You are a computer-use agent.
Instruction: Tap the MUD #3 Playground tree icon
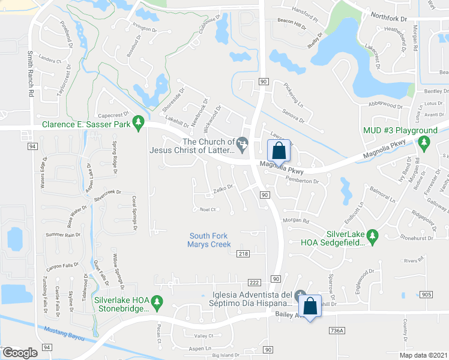424,142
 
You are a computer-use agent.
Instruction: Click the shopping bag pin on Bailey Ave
310,307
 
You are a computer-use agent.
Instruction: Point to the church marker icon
243,142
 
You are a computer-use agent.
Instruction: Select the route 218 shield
243,254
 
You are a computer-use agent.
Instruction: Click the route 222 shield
254,283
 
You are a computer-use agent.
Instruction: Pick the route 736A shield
337,331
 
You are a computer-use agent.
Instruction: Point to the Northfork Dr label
389,18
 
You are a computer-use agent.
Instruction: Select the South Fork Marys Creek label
209,240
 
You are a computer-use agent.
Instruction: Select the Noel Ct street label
208,209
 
